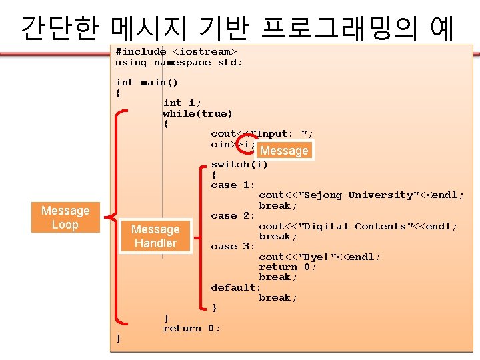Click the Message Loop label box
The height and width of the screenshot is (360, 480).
[x=65, y=217]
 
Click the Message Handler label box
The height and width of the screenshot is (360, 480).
[x=155, y=236]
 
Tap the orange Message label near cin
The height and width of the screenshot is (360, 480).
[x=285, y=151]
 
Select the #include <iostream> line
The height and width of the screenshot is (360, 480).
[x=176, y=51]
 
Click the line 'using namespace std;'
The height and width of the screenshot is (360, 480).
[x=179, y=62]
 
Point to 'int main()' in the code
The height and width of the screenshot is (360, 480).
[x=147, y=83]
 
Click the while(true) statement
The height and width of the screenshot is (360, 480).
[x=197, y=113]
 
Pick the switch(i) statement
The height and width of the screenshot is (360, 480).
[x=239, y=164]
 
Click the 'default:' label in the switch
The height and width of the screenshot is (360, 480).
[x=236, y=287]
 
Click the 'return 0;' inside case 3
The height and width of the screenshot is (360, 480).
[x=287, y=267]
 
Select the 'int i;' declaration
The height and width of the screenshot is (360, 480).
[x=182, y=103]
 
